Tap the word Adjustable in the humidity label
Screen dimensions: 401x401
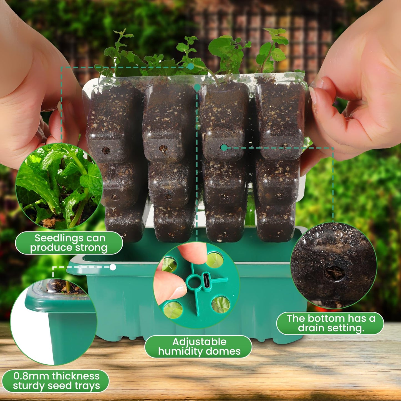[x=199, y=342]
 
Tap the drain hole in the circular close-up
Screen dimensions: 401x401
[x=335, y=273]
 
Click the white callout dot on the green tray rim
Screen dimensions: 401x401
[x=113, y=267]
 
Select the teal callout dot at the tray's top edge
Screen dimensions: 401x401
[x=197, y=88]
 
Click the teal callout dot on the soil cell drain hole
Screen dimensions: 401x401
[x=224, y=148]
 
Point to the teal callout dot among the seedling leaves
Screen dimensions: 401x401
[x=190, y=66]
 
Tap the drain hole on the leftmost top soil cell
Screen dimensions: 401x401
[x=106, y=150]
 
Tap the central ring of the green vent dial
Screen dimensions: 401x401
[x=193, y=282]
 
